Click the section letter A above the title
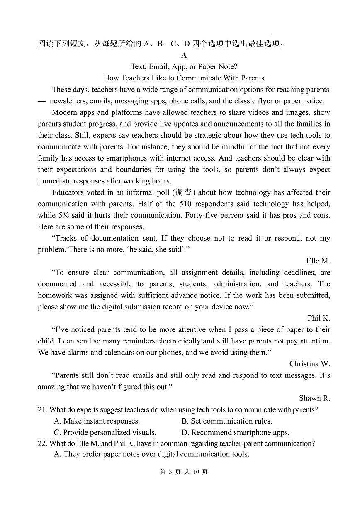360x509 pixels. [x=184, y=55]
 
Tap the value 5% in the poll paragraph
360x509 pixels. [x=63, y=215]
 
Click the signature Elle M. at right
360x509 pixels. [x=318, y=261]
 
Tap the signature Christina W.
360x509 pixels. [x=309, y=364]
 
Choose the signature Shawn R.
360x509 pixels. [x=314, y=398]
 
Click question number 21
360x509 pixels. [x=42, y=410]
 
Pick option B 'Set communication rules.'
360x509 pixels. [x=226, y=421]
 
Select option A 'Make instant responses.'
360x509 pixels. [x=97, y=421]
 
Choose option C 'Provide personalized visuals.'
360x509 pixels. [x=105, y=432]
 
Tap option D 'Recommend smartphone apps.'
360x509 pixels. [x=235, y=432]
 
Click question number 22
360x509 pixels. [x=42, y=443]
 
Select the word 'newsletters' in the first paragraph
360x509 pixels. [x=69, y=101]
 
